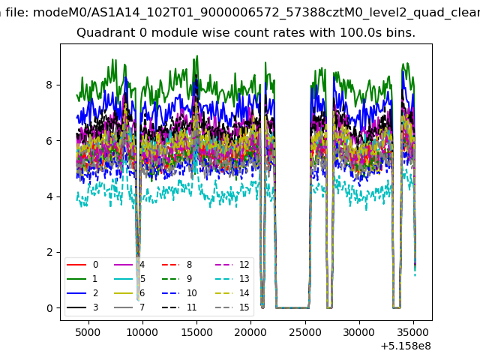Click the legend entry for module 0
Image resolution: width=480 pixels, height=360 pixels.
coord(82,265)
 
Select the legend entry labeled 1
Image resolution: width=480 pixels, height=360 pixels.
coord(82,279)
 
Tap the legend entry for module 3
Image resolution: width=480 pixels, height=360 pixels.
coord(82,307)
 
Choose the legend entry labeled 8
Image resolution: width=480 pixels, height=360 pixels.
coord(177,265)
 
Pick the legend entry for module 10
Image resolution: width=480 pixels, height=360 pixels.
coord(179,293)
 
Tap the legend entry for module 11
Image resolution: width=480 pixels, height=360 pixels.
coord(179,307)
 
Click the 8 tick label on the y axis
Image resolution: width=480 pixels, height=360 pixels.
coord(49,85)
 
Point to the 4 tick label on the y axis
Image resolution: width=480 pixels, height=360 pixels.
coord(49,196)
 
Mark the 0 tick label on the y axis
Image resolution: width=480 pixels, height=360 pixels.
coord(49,308)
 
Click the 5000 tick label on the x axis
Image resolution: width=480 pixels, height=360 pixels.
coord(88,332)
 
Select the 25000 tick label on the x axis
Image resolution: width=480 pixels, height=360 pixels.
coord(305,332)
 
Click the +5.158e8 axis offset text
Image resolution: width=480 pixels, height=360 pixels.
coord(406,346)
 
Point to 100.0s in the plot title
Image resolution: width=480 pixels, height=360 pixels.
coord(360,33)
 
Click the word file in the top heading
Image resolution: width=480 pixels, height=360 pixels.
coord(17,13)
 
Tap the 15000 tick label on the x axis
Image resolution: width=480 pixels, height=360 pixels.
coord(196,332)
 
